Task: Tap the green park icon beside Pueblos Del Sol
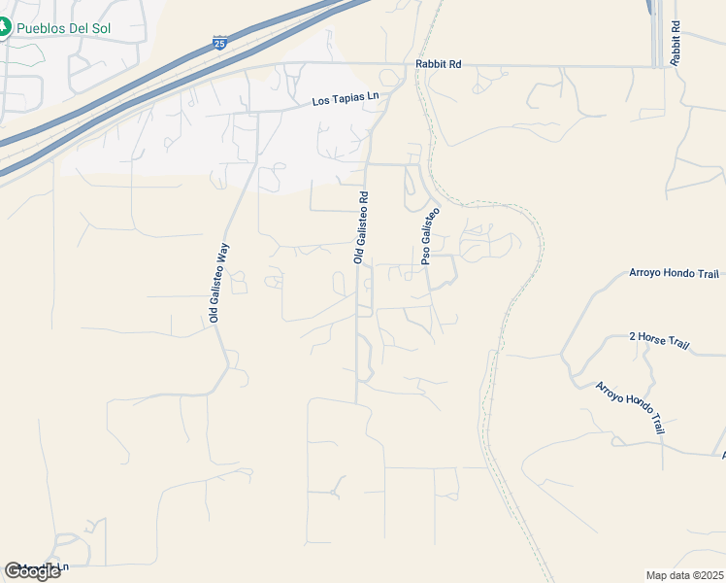[x=4, y=28]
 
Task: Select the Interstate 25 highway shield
[x=220, y=44]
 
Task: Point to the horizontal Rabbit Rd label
[x=438, y=64]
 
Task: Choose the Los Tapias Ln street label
[x=345, y=100]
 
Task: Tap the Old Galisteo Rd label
[x=360, y=227]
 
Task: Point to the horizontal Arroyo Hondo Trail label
[x=675, y=273]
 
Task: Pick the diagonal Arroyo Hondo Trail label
[x=630, y=408]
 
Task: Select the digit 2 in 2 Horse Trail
[x=633, y=336]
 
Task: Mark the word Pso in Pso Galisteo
[x=425, y=257]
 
